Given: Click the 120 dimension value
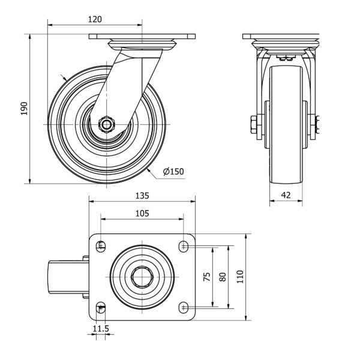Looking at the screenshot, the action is click(x=95, y=19).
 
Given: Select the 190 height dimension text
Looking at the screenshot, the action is click(x=24, y=109).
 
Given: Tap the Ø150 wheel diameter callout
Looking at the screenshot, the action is click(x=173, y=172).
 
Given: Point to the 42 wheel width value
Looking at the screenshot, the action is click(x=286, y=195).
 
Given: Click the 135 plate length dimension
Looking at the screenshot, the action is click(x=142, y=196).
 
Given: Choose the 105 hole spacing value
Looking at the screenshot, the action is click(x=142, y=214).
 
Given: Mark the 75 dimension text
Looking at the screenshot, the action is click(x=207, y=277).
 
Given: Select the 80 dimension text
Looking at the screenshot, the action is click(x=223, y=277).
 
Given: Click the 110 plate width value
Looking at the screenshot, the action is click(x=240, y=277).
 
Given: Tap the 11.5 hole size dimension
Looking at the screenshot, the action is click(x=101, y=329).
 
